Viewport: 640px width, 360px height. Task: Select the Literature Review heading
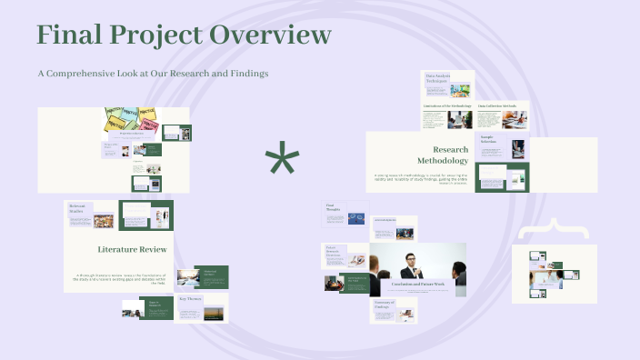tap(132, 248)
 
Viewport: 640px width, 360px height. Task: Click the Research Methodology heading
tap(450, 155)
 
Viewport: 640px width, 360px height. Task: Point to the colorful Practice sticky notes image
tap(131, 119)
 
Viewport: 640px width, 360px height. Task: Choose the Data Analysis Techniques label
tap(436, 78)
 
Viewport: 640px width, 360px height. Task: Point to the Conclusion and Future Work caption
tap(418, 285)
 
